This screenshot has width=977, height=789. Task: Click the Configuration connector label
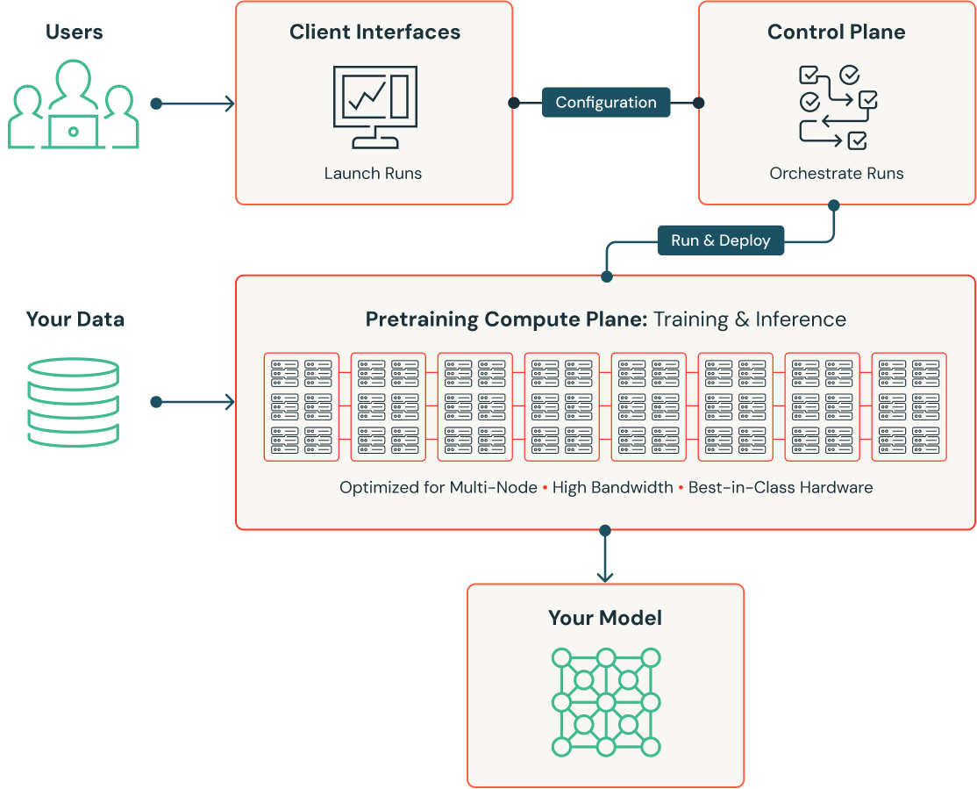tap(605, 103)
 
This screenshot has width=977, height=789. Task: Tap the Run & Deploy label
tap(720, 240)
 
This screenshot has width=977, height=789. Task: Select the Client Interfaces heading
tap(374, 32)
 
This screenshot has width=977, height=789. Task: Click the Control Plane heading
tap(836, 32)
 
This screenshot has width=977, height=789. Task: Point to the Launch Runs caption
tap(373, 173)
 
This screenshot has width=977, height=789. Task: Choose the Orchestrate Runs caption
tap(836, 173)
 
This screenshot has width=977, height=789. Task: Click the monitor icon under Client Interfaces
tap(374, 106)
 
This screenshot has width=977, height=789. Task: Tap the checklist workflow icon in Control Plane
tap(837, 106)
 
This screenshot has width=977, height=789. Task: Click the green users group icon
tap(74, 104)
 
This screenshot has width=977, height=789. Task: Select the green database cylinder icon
tap(73, 401)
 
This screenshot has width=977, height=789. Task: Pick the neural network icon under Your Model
tap(605, 702)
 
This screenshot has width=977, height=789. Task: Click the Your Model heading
tap(605, 618)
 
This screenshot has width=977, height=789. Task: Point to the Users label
tap(75, 32)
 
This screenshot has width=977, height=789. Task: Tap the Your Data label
tap(75, 319)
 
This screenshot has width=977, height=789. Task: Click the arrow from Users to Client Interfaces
tap(195, 104)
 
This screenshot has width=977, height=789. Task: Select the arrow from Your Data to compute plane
tap(195, 402)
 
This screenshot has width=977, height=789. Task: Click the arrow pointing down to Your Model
tap(605, 556)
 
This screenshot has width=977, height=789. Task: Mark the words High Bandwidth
tap(613, 487)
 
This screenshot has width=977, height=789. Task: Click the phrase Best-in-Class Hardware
tap(781, 487)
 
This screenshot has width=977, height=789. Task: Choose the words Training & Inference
tap(750, 319)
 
